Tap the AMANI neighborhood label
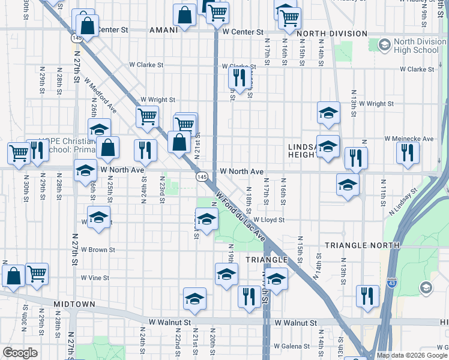click(x=163, y=30)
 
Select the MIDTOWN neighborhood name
click(x=74, y=304)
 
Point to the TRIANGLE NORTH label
click(x=362, y=245)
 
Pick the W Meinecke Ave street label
click(x=409, y=139)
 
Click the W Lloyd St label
click(x=268, y=220)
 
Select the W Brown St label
click(x=98, y=249)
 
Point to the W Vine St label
click(x=95, y=278)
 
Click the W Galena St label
click(x=291, y=346)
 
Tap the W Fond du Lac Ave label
click(x=241, y=216)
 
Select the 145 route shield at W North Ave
click(x=202, y=177)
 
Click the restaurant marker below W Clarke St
click(x=240, y=77)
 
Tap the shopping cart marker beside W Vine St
click(x=37, y=274)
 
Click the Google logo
click(x=20, y=353)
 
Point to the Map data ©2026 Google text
click(x=412, y=355)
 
